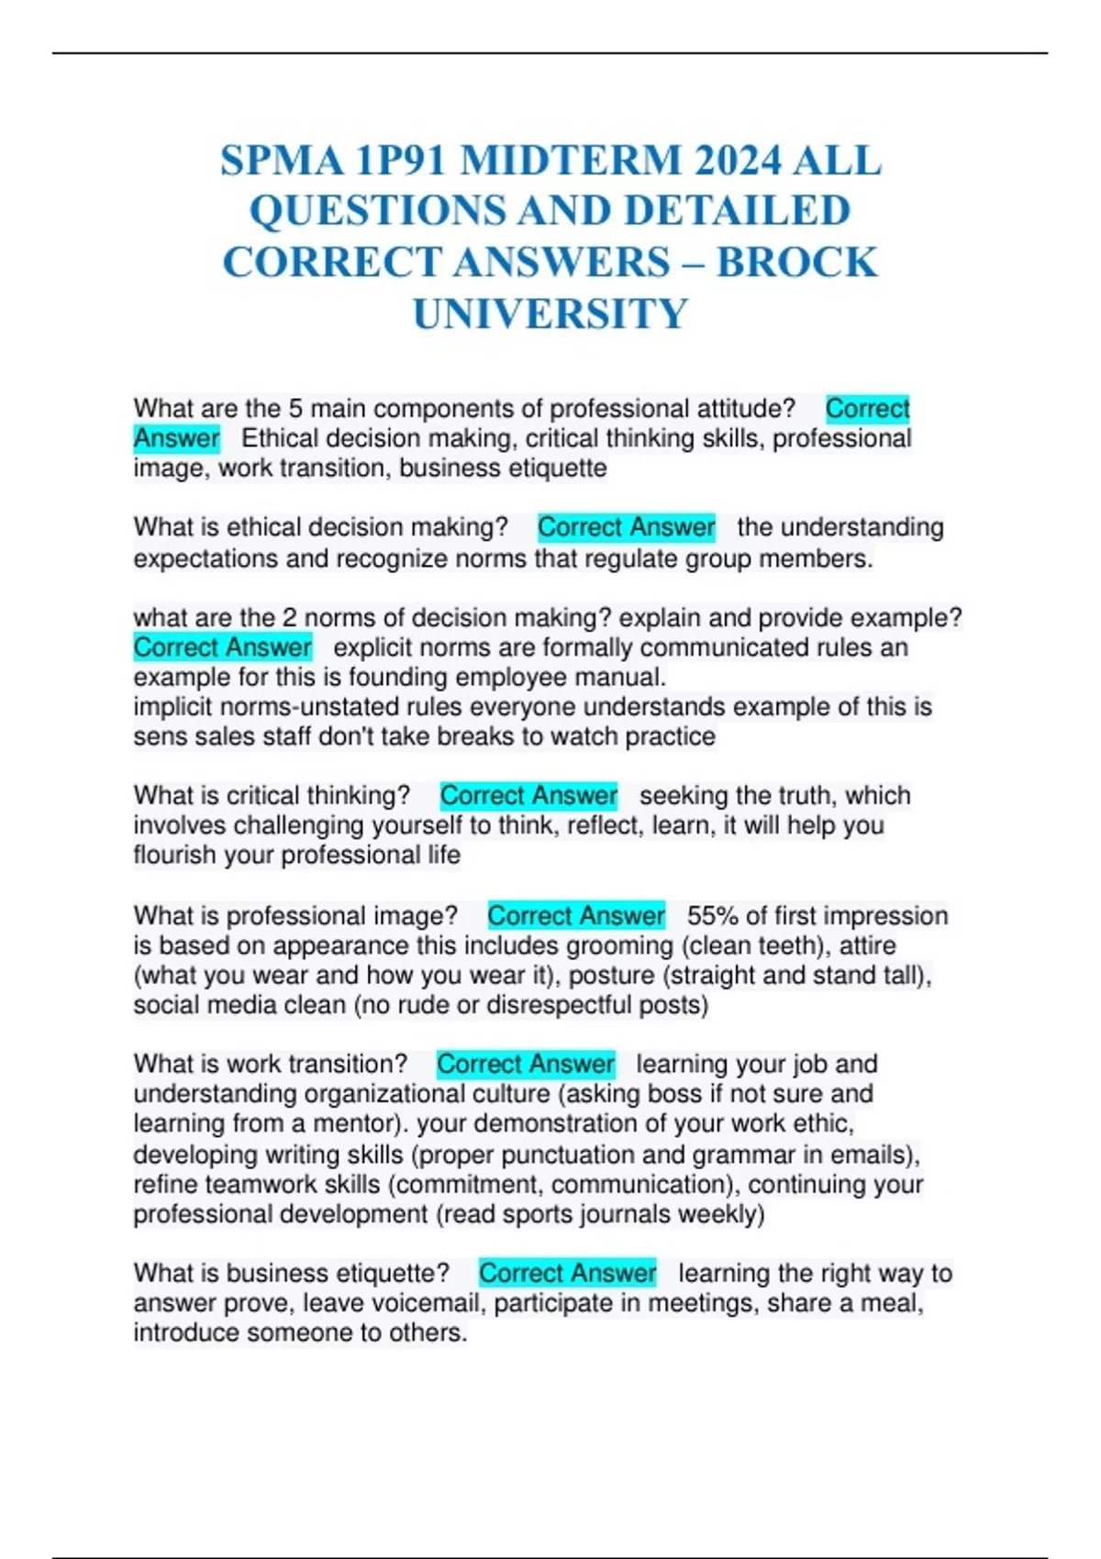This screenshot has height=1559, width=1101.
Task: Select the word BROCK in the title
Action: point(796,262)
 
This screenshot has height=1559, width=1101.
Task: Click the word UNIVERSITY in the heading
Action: point(550,314)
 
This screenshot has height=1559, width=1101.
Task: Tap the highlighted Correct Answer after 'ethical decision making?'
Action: point(626,527)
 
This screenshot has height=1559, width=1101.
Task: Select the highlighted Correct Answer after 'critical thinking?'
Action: point(528,795)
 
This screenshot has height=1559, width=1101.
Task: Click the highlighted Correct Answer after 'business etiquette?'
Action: point(567,1273)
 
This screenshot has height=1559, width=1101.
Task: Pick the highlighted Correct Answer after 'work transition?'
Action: point(525,1064)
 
